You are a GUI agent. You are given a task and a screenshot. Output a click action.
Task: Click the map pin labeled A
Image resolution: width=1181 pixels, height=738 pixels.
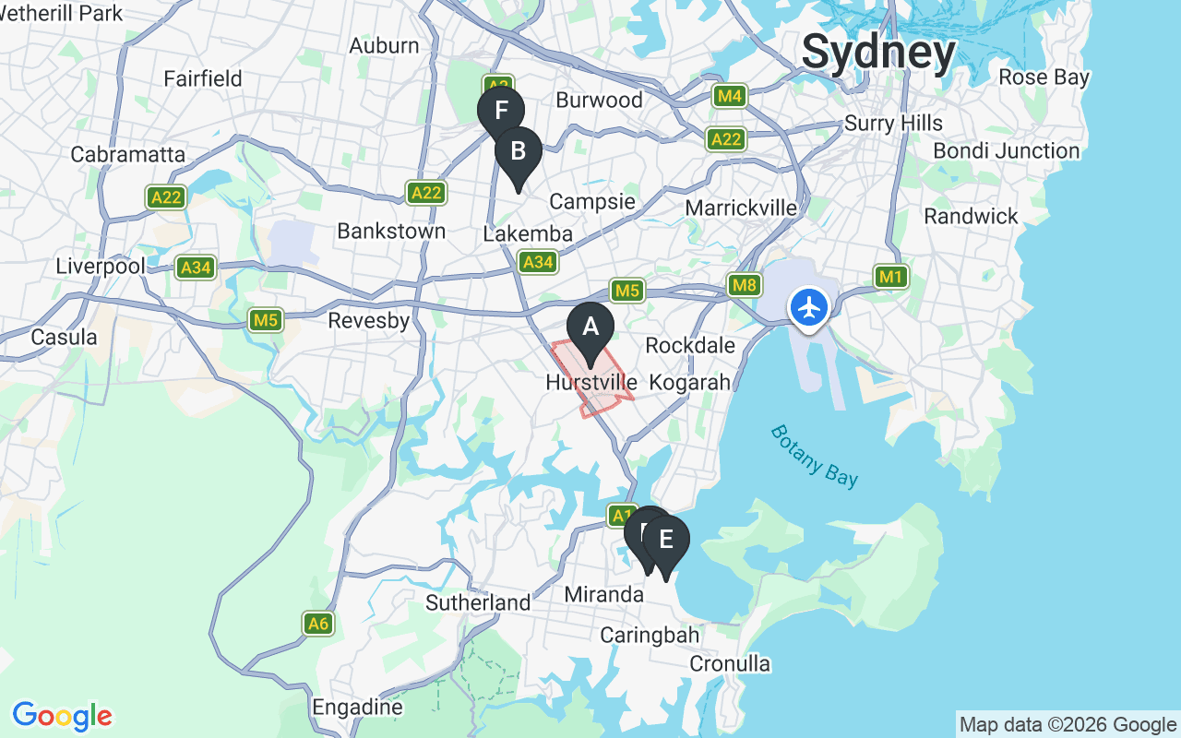(x=590, y=328)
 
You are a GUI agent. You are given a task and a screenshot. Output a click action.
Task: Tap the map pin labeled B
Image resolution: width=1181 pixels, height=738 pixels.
(x=519, y=152)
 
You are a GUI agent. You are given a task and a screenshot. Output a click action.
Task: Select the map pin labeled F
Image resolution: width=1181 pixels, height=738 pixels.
(x=501, y=111)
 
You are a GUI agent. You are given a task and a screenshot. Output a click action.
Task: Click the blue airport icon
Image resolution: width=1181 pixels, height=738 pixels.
(x=809, y=307)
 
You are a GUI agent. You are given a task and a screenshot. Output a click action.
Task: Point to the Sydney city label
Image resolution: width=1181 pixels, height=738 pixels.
(x=877, y=52)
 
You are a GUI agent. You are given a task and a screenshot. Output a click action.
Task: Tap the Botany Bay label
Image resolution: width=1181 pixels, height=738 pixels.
(x=815, y=455)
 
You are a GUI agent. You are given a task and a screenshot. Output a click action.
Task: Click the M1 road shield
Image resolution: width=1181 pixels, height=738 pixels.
(x=890, y=276)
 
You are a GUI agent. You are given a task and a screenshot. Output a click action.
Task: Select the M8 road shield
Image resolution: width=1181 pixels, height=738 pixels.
(x=744, y=285)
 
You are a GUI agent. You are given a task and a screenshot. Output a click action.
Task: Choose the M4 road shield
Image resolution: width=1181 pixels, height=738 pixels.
(x=729, y=96)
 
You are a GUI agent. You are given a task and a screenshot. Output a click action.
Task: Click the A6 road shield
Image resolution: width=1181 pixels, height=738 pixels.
(x=318, y=625)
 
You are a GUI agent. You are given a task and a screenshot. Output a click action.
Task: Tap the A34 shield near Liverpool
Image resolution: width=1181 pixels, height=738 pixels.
(x=195, y=268)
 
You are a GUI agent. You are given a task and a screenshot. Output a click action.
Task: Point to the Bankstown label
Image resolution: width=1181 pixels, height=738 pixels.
(x=391, y=231)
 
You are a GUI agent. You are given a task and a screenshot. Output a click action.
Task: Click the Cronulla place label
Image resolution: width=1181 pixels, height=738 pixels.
(x=730, y=664)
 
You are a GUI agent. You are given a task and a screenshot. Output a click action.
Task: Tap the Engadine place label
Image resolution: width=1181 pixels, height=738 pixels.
(x=357, y=708)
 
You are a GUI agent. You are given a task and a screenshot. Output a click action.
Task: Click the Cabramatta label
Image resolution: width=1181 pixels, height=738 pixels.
(x=128, y=154)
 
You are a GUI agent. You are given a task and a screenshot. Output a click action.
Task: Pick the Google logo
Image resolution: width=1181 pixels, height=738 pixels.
(x=62, y=716)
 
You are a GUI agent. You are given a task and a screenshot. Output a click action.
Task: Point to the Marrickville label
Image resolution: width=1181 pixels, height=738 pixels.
(x=741, y=208)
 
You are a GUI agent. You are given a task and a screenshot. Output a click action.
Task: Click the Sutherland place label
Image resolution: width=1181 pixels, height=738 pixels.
(x=478, y=603)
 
